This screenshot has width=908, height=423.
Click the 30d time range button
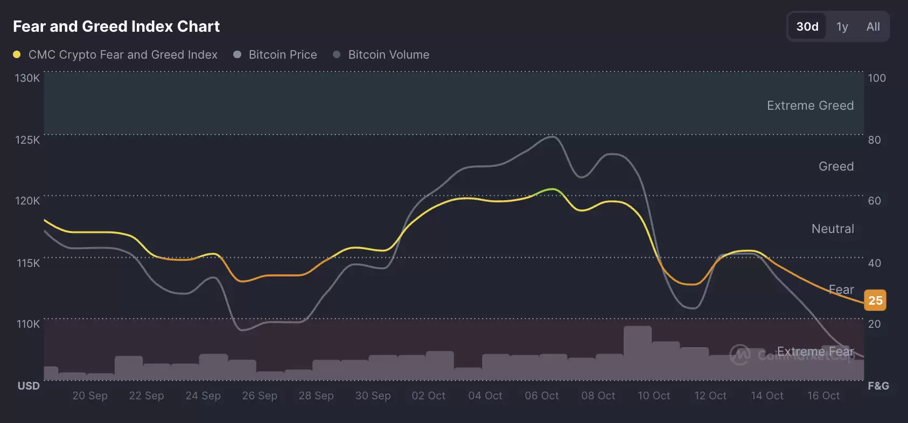(807, 26)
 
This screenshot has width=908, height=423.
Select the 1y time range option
(842, 26)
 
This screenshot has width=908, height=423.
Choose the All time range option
(873, 26)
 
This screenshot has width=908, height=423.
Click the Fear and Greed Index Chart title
(116, 26)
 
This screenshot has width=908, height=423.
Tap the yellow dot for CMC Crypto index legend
(17, 54)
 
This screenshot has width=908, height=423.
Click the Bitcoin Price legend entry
(282, 54)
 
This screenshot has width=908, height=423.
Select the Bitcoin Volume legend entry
(388, 54)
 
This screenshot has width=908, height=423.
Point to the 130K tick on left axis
(27, 78)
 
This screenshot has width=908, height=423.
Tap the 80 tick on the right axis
(874, 140)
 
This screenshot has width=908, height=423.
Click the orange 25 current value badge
(875, 300)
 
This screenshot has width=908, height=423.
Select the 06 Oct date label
(541, 396)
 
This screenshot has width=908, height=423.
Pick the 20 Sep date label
(90, 396)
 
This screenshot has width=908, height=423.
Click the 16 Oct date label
(823, 396)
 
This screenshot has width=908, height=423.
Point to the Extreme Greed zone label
(810, 105)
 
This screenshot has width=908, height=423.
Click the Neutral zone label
(833, 229)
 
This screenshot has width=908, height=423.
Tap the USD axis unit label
(29, 386)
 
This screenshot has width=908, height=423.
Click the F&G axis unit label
(878, 386)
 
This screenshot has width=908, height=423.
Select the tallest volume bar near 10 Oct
(638, 352)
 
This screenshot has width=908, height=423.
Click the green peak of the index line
(551, 189)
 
